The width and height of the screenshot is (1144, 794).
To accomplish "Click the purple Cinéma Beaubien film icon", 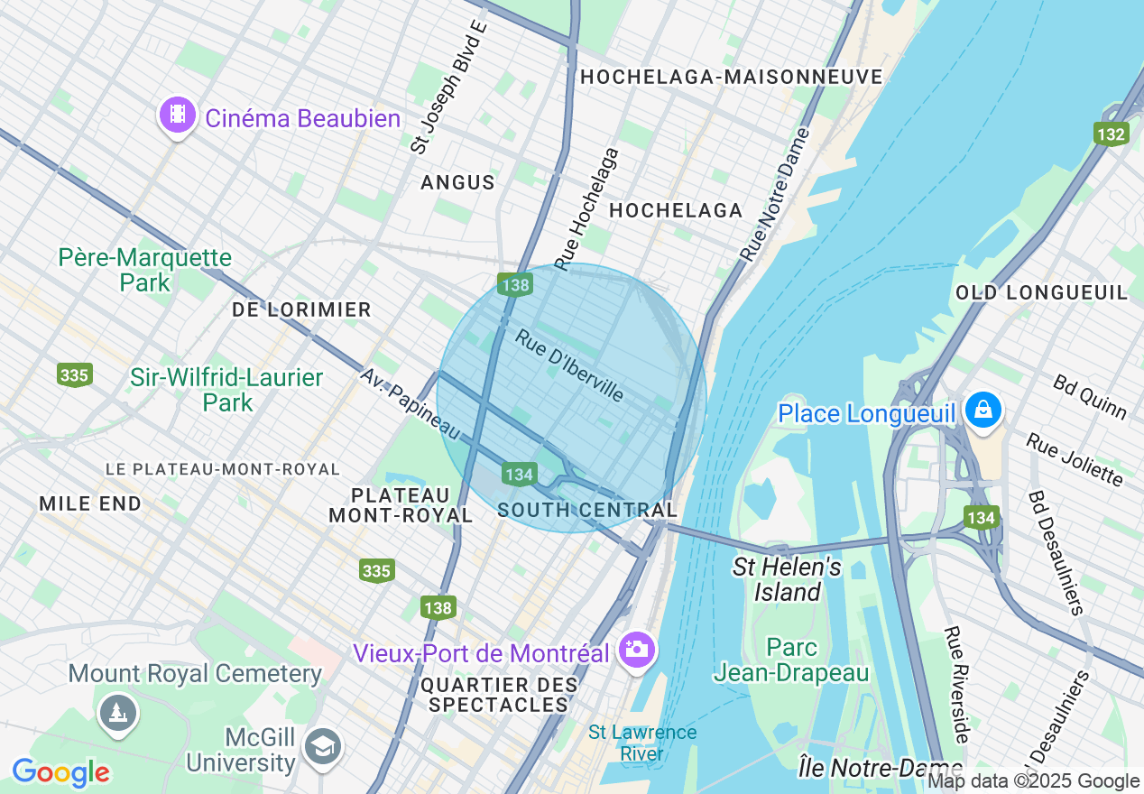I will tap(178, 115).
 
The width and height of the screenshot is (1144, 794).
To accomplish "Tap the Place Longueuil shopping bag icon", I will tap(983, 411).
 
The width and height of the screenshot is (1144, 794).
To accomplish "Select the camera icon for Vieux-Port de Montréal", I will tap(637, 649).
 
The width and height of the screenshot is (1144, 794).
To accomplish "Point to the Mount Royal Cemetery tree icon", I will tap(117, 713).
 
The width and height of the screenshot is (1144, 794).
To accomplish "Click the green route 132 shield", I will tap(1111, 134).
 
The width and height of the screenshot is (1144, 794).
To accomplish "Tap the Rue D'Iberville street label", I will tap(569, 365).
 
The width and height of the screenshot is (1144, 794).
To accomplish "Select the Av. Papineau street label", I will tap(411, 404).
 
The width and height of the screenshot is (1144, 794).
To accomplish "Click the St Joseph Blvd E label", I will tap(448, 86).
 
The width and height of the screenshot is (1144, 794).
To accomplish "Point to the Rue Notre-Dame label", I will tap(775, 194).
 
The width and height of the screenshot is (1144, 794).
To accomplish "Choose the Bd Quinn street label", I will tap(1090, 396).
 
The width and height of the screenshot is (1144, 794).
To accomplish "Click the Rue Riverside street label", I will tap(956, 685).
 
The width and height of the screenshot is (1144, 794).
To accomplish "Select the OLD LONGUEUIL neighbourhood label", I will tap(1041, 292).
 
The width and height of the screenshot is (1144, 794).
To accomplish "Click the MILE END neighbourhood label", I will tap(90, 503).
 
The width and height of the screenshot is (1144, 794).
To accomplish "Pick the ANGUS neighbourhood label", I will tap(457, 182).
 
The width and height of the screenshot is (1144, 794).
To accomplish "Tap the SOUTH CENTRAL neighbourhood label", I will tap(587, 510).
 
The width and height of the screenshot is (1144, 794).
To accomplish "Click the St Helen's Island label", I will tap(788, 579).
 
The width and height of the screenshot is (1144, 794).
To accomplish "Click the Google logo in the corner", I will tap(60, 773).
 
